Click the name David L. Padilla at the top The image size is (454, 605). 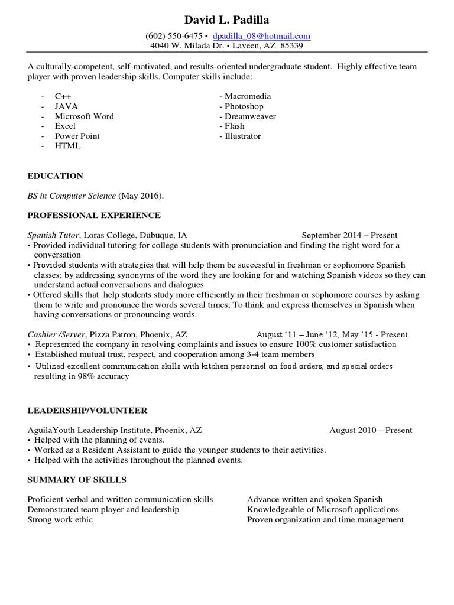click(x=226, y=20)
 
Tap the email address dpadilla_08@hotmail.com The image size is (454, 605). click(x=261, y=36)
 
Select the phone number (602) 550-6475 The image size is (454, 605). click(x=170, y=36)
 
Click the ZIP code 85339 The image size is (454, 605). click(x=292, y=45)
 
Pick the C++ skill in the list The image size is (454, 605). click(x=63, y=96)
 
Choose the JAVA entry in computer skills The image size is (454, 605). click(x=67, y=106)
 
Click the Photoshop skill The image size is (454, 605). click(x=244, y=106)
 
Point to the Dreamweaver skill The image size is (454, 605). click(x=250, y=116)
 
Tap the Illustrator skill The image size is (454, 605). click(x=242, y=136)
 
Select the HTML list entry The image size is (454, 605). click(x=67, y=146)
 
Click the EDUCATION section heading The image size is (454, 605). click(x=55, y=176)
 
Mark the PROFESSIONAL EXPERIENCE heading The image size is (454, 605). click(x=94, y=216)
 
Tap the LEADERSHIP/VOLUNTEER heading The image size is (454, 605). click(x=87, y=410)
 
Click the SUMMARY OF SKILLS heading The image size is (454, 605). click(x=77, y=479)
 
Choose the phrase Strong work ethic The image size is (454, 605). click(x=60, y=520)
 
